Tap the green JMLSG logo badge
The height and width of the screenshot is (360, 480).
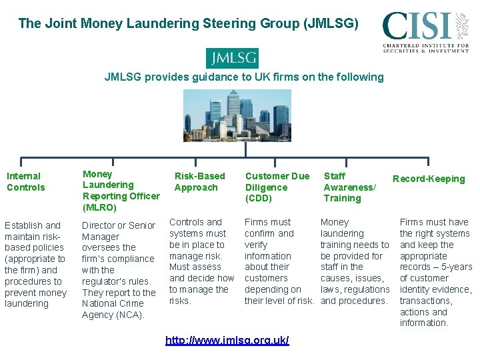pyautogui.click(x=231, y=58)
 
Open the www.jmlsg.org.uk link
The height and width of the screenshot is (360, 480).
pyautogui.click(x=227, y=340)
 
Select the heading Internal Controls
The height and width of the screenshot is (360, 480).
pyautogui.click(x=26, y=181)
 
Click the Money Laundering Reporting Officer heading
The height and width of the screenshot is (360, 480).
pyautogui.click(x=121, y=191)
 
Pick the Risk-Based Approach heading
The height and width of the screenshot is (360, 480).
pyautogui.click(x=199, y=181)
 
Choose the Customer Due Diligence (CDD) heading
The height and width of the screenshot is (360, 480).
pyautogui.click(x=277, y=187)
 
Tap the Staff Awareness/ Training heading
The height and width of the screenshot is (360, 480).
pyautogui.click(x=349, y=187)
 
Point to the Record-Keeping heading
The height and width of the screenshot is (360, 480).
pyautogui.click(x=429, y=179)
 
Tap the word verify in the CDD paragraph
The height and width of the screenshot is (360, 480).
pyautogui.click(x=256, y=245)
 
